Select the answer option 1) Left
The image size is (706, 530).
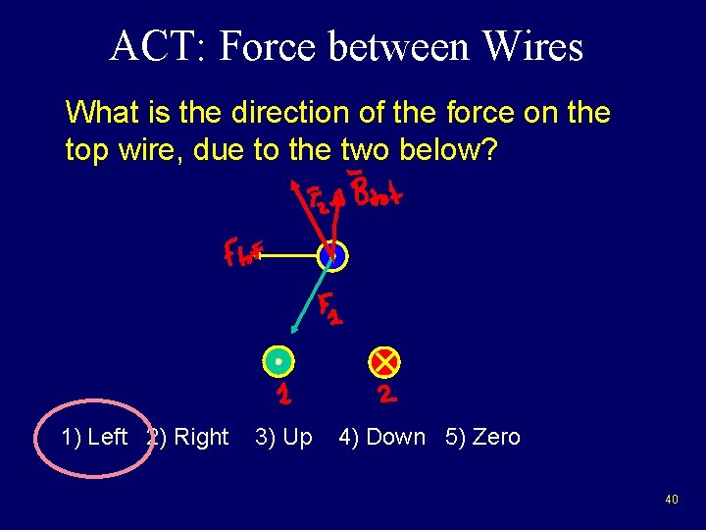click(x=94, y=437)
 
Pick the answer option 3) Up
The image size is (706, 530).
click(x=283, y=437)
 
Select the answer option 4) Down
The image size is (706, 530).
click(x=382, y=437)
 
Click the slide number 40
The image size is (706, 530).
click(x=671, y=500)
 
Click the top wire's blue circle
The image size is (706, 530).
click(x=332, y=256)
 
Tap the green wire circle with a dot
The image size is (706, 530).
click(x=278, y=361)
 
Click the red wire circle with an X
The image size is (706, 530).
click(x=384, y=361)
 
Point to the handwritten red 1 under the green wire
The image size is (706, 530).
click(x=282, y=395)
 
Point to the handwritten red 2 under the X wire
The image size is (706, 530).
click(x=386, y=395)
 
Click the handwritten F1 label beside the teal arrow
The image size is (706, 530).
click(x=329, y=309)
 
